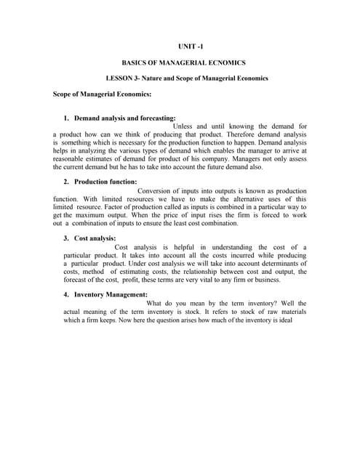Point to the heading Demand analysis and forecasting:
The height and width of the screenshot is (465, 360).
pyautogui.click(x=124, y=118)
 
